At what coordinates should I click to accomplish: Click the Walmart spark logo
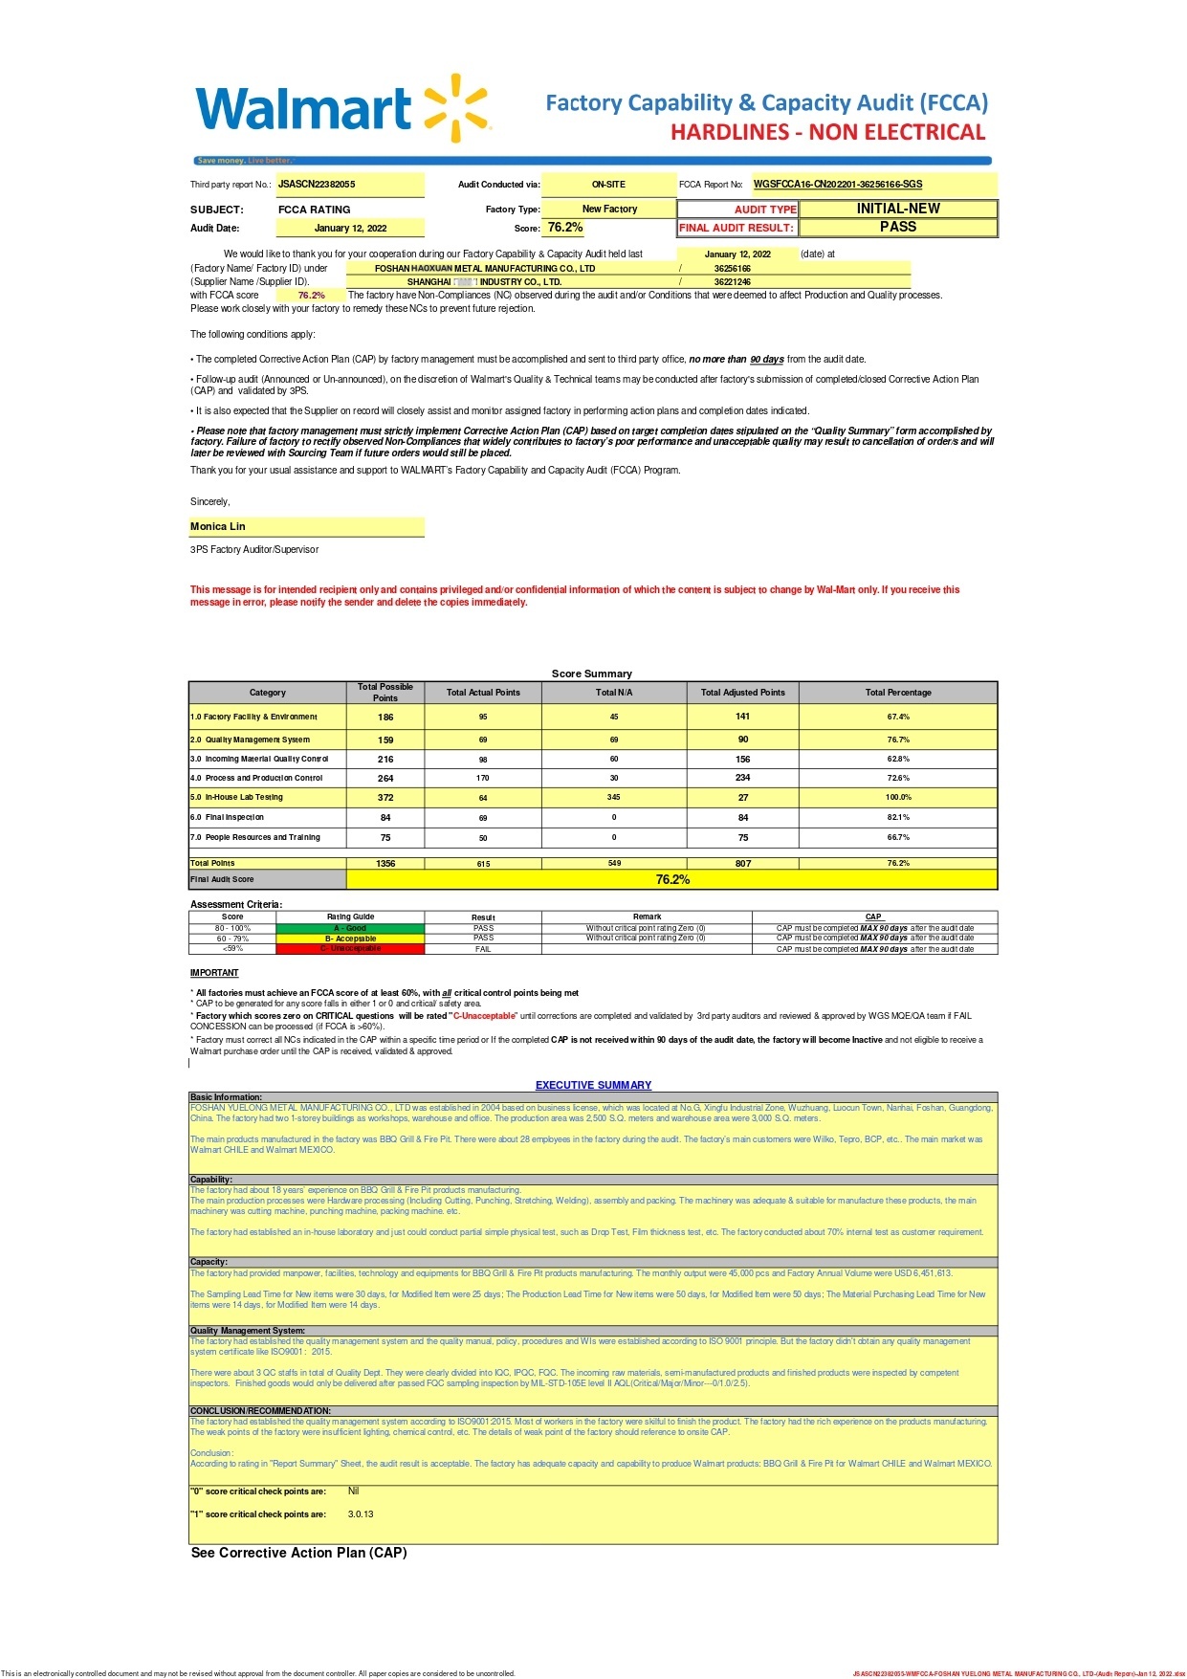click(x=455, y=108)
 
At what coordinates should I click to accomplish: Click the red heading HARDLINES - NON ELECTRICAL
click(x=827, y=132)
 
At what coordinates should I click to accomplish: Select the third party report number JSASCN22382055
click(x=317, y=185)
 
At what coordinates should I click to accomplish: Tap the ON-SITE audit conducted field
click(x=608, y=185)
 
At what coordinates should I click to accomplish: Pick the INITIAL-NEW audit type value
click(x=897, y=209)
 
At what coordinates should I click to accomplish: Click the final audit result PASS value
click(x=897, y=227)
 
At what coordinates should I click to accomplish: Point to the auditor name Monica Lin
click(x=218, y=526)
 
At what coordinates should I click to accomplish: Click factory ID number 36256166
click(x=732, y=269)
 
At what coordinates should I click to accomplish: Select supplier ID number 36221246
click(x=732, y=282)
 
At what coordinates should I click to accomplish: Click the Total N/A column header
click(x=613, y=693)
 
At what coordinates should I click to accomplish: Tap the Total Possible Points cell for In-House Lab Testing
click(x=385, y=797)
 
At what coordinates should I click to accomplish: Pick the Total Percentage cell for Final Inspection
click(x=897, y=818)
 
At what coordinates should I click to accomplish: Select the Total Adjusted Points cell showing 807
click(x=742, y=863)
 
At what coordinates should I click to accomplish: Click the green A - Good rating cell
click(x=350, y=928)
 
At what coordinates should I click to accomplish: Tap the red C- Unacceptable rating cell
click(x=350, y=949)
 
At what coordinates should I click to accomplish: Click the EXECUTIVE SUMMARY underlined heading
click(x=593, y=1085)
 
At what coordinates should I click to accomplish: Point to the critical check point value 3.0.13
click(x=361, y=1514)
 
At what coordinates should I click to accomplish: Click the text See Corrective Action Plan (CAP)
click(x=298, y=1553)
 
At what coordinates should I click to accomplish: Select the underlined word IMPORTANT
click(x=214, y=973)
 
